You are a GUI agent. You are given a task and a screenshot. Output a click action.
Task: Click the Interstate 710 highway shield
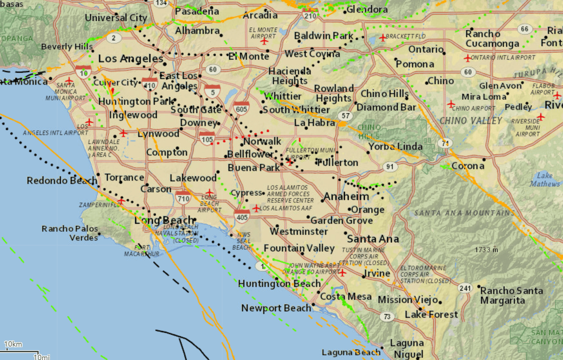183,198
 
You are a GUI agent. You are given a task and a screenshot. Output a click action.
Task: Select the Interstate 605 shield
241,108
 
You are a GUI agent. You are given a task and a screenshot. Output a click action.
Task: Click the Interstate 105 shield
207,138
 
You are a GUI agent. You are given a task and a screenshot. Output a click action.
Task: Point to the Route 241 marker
464,288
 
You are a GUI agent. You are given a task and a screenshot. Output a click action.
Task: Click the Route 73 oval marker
387,316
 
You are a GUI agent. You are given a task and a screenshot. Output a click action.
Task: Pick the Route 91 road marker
390,167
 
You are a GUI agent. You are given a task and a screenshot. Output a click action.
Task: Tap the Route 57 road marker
345,116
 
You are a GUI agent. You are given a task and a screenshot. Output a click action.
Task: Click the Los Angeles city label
131,58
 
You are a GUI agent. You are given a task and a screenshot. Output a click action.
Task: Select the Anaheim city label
346,196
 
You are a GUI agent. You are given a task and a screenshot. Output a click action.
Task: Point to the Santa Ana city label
373,239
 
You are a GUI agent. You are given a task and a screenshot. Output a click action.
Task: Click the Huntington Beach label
279,284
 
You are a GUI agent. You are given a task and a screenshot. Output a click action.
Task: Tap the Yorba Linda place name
395,146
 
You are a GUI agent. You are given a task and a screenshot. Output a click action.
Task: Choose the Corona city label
468,166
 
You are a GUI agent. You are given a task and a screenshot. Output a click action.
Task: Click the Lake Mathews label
545,179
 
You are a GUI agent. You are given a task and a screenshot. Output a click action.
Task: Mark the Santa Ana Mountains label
464,213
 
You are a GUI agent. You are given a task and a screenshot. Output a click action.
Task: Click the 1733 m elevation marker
486,250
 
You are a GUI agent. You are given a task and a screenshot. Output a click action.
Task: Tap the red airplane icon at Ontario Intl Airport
468,58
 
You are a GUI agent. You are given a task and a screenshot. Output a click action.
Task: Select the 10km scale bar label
13,344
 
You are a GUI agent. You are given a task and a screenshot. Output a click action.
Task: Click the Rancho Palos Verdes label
70,233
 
